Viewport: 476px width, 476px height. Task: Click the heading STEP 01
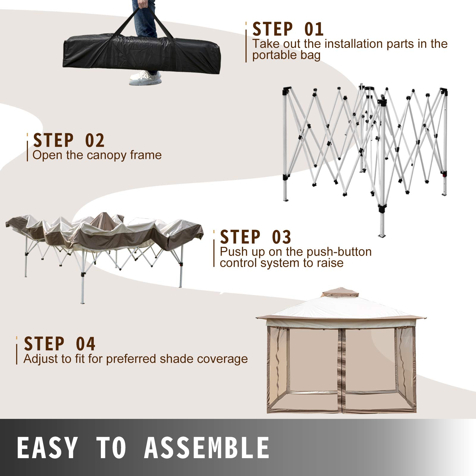pos(288,29)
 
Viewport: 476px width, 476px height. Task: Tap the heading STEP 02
pos(69,140)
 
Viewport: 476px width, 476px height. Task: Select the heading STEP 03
pos(255,237)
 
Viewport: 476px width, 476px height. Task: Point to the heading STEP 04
pos(59,344)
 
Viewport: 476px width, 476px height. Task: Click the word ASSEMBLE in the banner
pos(207,448)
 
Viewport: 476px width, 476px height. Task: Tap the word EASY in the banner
pos(47,448)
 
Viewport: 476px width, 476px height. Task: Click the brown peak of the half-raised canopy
pos(103,217)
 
